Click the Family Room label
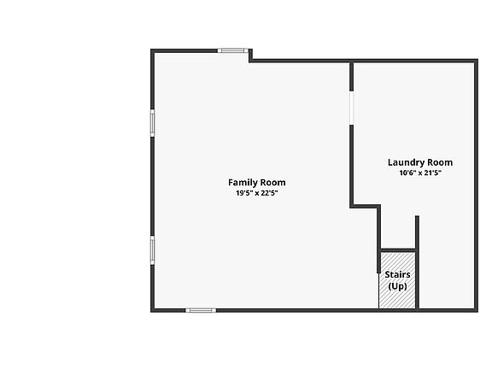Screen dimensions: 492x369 (x=256, y=182)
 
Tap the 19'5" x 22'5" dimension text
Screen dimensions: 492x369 (x=257, y=193)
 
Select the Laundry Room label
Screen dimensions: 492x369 (x=420, y=162)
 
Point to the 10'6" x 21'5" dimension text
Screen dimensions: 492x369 (x=420, y=173)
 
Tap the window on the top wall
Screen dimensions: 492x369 (x=233, y=50)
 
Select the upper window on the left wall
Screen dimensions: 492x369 (x=153, y=123)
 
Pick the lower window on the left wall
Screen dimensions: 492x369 (x=153, y=250)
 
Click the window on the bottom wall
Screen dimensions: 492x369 (x=201, y=310)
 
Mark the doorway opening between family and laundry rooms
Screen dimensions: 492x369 (x=351, y=108)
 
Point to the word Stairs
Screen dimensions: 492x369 (x=397, y=274)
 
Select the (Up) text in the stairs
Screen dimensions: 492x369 (x=397, y=286)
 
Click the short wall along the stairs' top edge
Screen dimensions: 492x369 (x=398, y=250)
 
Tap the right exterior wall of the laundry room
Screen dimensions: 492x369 (x=476, y=185)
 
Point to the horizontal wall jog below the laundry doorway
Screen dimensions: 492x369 (x=366, y=206)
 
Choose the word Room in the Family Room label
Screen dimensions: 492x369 (x=272, y=183)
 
